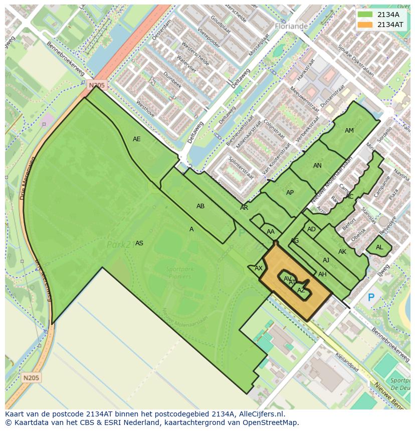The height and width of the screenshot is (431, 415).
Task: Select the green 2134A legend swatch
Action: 365,15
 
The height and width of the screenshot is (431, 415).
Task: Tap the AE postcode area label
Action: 136,139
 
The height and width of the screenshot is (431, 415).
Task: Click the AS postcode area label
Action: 139,243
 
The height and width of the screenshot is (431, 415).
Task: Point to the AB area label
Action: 200,206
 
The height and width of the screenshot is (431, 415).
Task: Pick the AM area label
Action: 349,131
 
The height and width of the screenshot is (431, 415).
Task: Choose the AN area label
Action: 317,166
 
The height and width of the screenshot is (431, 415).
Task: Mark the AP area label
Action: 290,193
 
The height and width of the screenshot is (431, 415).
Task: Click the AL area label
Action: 379,247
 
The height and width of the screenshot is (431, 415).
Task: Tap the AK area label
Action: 342,252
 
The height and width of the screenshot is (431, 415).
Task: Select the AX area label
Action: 259,268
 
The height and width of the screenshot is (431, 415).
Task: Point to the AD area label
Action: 312,229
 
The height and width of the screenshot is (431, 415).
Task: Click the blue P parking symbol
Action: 371,298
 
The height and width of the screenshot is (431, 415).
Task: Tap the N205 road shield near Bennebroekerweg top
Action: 97,86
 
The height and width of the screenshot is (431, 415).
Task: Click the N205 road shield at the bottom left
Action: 32,377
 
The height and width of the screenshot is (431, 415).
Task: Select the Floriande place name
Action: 291,26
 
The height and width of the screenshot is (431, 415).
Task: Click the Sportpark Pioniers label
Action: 180,272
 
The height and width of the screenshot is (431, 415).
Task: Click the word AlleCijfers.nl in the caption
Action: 261,414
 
